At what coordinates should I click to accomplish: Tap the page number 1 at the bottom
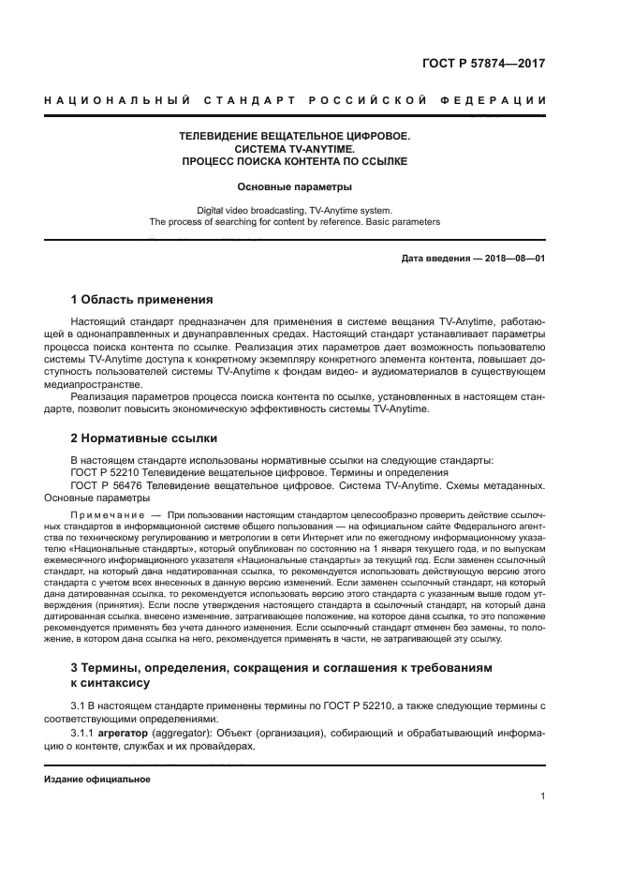542,796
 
